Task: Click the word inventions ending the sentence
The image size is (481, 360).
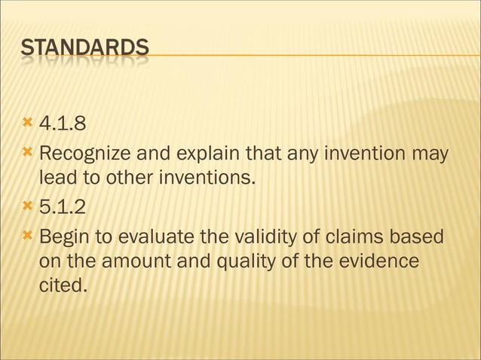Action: pyautogui.click(x=210, y=179)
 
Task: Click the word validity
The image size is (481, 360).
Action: pyautogui.click(x=257, y=238)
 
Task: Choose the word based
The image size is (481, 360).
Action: pyautogui.click(x=420, y=238)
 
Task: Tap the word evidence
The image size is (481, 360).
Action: pyautogui.click(x=380, y=262)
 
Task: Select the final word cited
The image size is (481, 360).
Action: pyautogui.click(x=62, y=285)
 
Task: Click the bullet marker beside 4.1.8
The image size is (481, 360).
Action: pyautogui.click(x=29, y=122)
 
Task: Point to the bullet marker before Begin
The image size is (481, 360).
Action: pyautogui.click(x=29, y=238)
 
